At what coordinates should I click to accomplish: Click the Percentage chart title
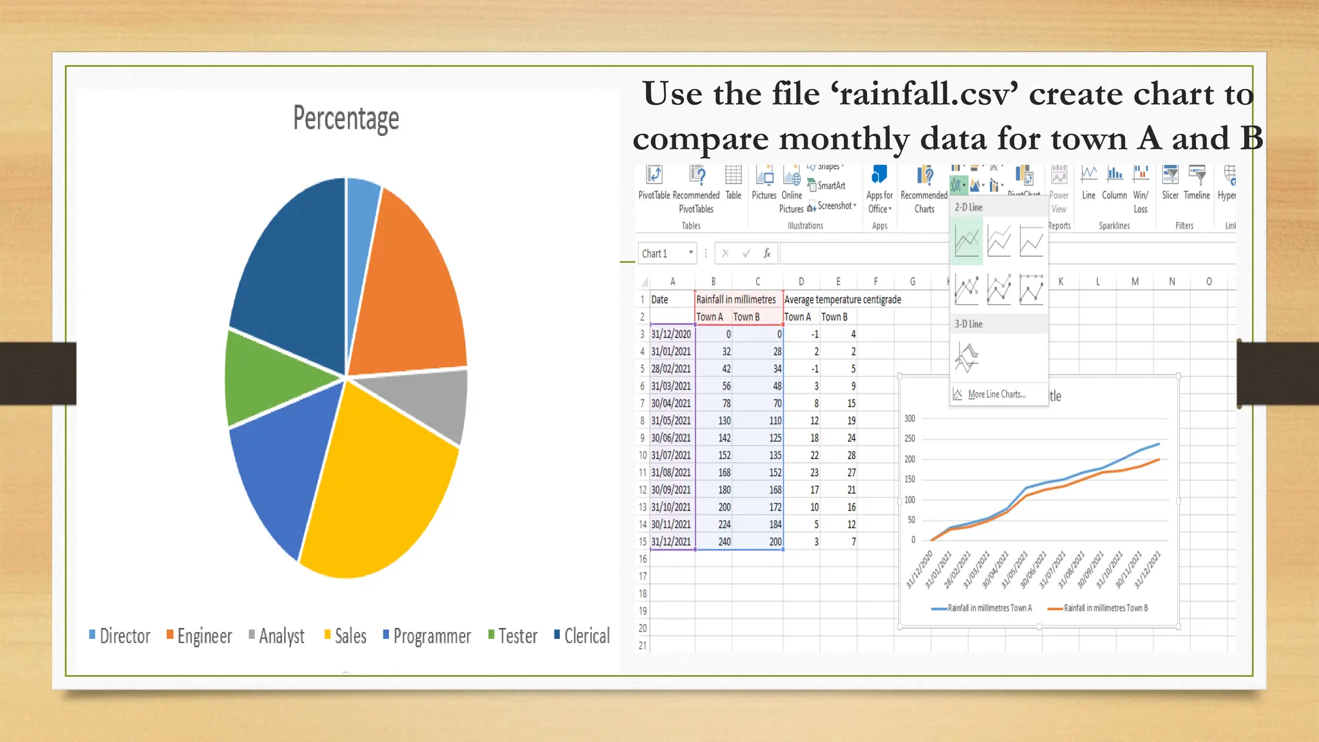(x=346, y=119)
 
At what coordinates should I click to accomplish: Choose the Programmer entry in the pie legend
(x=432, y=636)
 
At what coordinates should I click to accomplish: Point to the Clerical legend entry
(x=586, y=636)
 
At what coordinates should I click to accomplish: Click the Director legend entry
(x=124, y=636)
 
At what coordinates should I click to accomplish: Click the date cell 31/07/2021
(x=671, y=455)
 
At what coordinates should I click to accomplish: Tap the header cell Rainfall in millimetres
(x=736, y=300)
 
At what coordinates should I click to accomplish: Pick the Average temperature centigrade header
(x=842, y=300)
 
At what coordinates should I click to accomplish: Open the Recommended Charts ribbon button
(x=924, y=190)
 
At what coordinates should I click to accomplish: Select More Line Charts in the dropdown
(x=996, y=394)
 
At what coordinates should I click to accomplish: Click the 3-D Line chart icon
(x=966, y=357)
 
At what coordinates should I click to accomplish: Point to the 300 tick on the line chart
(x=909, y=419)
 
